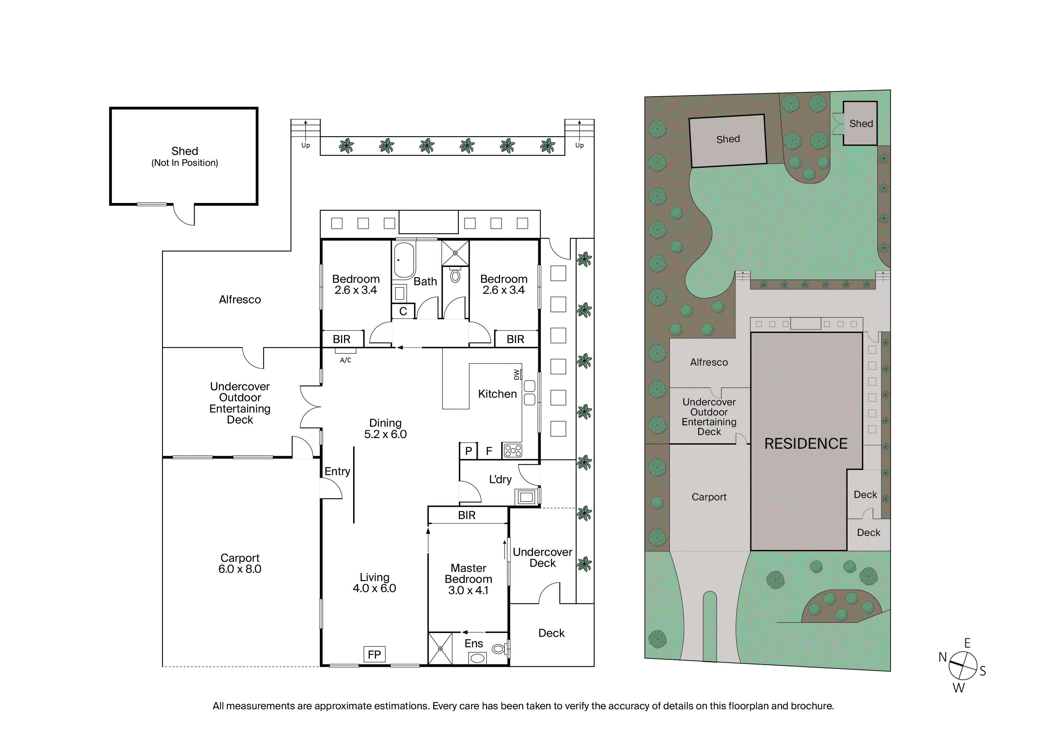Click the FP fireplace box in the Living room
click(x=374, y=654)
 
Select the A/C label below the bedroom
click(x=345, y=360)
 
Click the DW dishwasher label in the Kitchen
click(x=516, y=375)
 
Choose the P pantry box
click(x=468, y=451)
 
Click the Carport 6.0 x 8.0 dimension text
click(x=240, y=569)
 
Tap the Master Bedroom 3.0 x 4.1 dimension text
click(x=468, y=591)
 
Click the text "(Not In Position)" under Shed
click(x=185, y=163)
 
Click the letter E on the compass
click(x=967, y=643)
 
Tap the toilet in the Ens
click(x=500, y=649)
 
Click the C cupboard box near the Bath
click(x=403, y=311)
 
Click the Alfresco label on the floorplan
click(x=240, y=299)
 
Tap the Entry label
click(x=337, y=472)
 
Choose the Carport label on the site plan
click(x=709, y=497)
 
